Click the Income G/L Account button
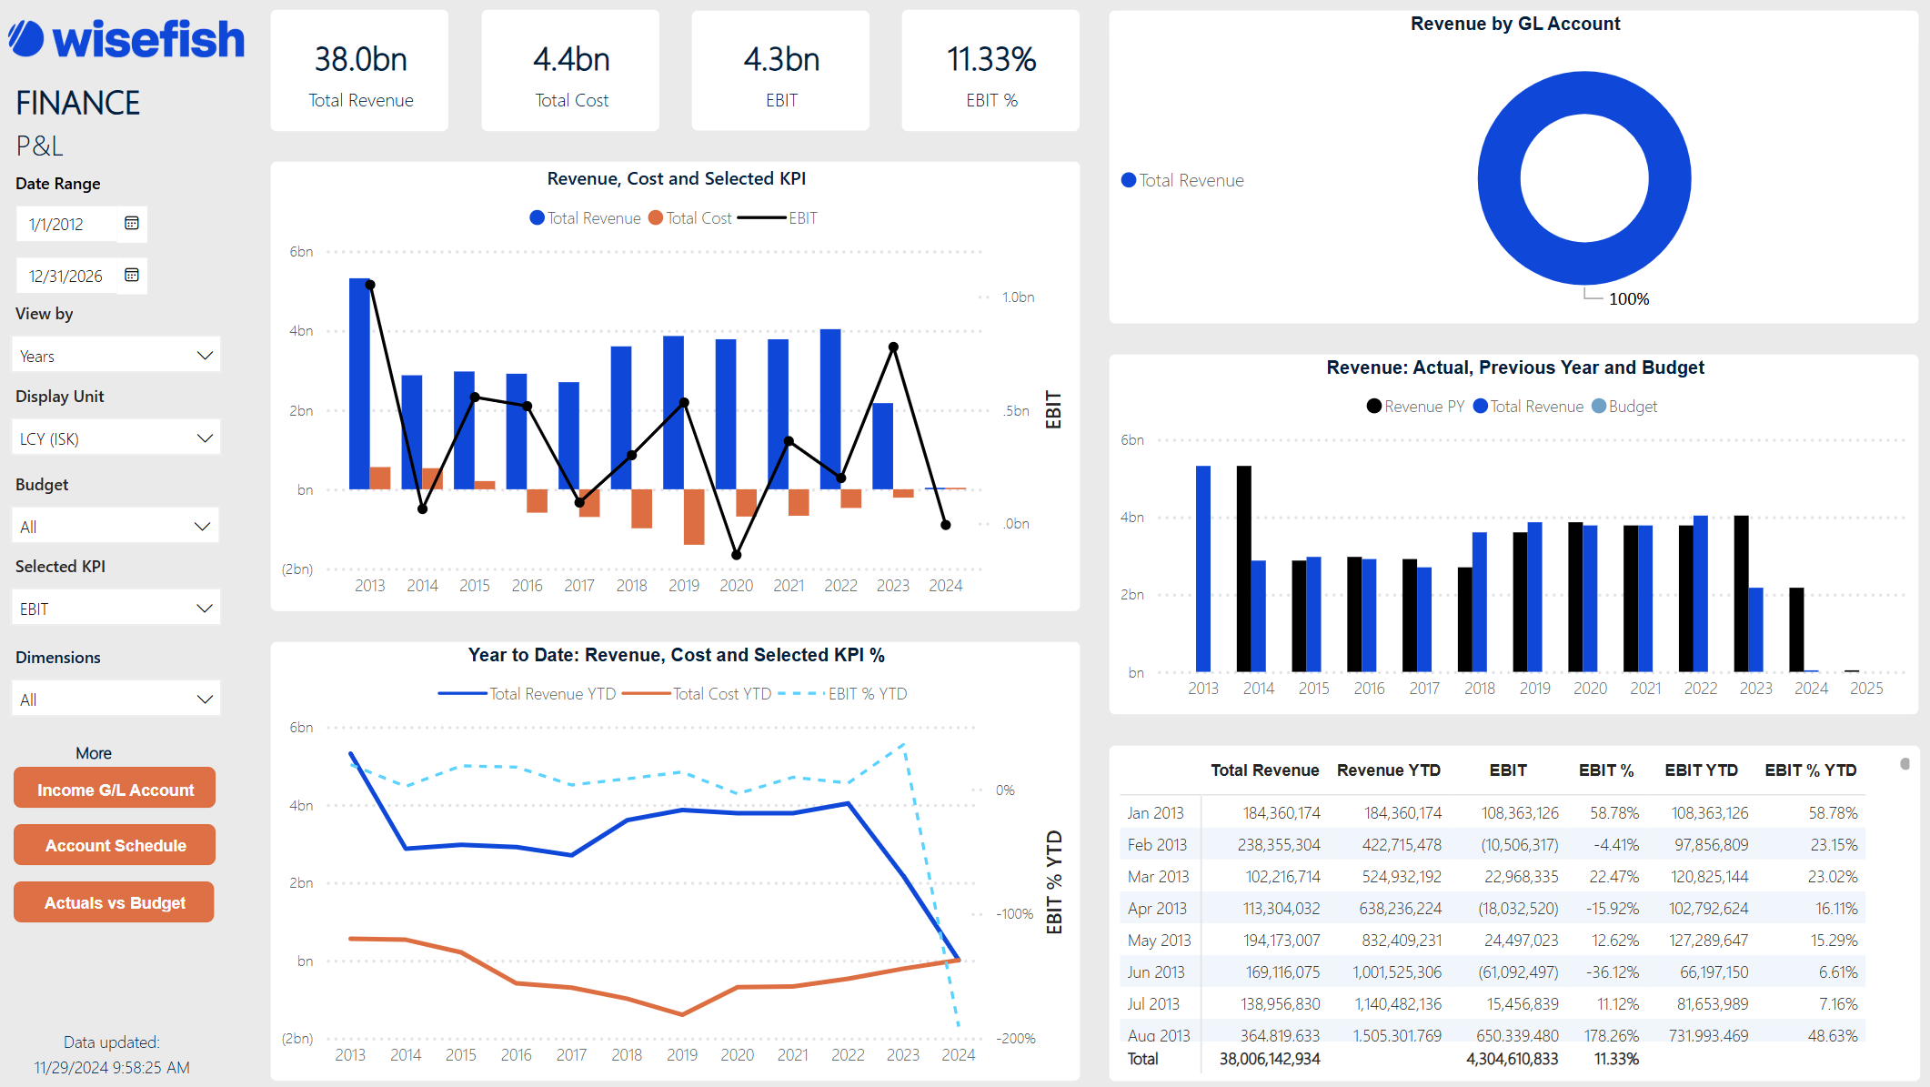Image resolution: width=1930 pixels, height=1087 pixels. pos(115,789)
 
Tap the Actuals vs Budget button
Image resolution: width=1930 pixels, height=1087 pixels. pos(115,902)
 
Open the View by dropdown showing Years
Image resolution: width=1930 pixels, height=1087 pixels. pos(116,356)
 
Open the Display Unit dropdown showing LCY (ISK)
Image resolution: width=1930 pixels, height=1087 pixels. pos(116,438)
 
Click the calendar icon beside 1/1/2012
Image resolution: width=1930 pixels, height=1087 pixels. pos(132,224)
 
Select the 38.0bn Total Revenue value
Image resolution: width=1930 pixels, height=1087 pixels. pos(360,60)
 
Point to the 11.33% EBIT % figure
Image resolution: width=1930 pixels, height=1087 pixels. pos(990,60)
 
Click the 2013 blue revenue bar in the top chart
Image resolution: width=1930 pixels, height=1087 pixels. pos(359,382)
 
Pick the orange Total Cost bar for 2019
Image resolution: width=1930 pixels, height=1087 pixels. pos(694,517)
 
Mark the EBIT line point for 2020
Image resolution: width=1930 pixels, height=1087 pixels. pos(737,555)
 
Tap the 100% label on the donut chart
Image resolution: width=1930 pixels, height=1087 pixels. pos(1628,299)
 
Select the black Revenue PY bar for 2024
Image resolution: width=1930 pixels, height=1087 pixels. pos(1796,629)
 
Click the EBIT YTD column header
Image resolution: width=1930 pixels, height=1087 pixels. pos(1701,770)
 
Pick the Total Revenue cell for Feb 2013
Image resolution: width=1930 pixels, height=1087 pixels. pos(1278,845)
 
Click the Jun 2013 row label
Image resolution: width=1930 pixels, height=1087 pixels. pos(1156,972)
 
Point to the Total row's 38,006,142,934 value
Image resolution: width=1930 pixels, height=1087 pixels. pos(1270,1059)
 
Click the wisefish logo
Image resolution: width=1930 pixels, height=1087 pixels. pos(127,39)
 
